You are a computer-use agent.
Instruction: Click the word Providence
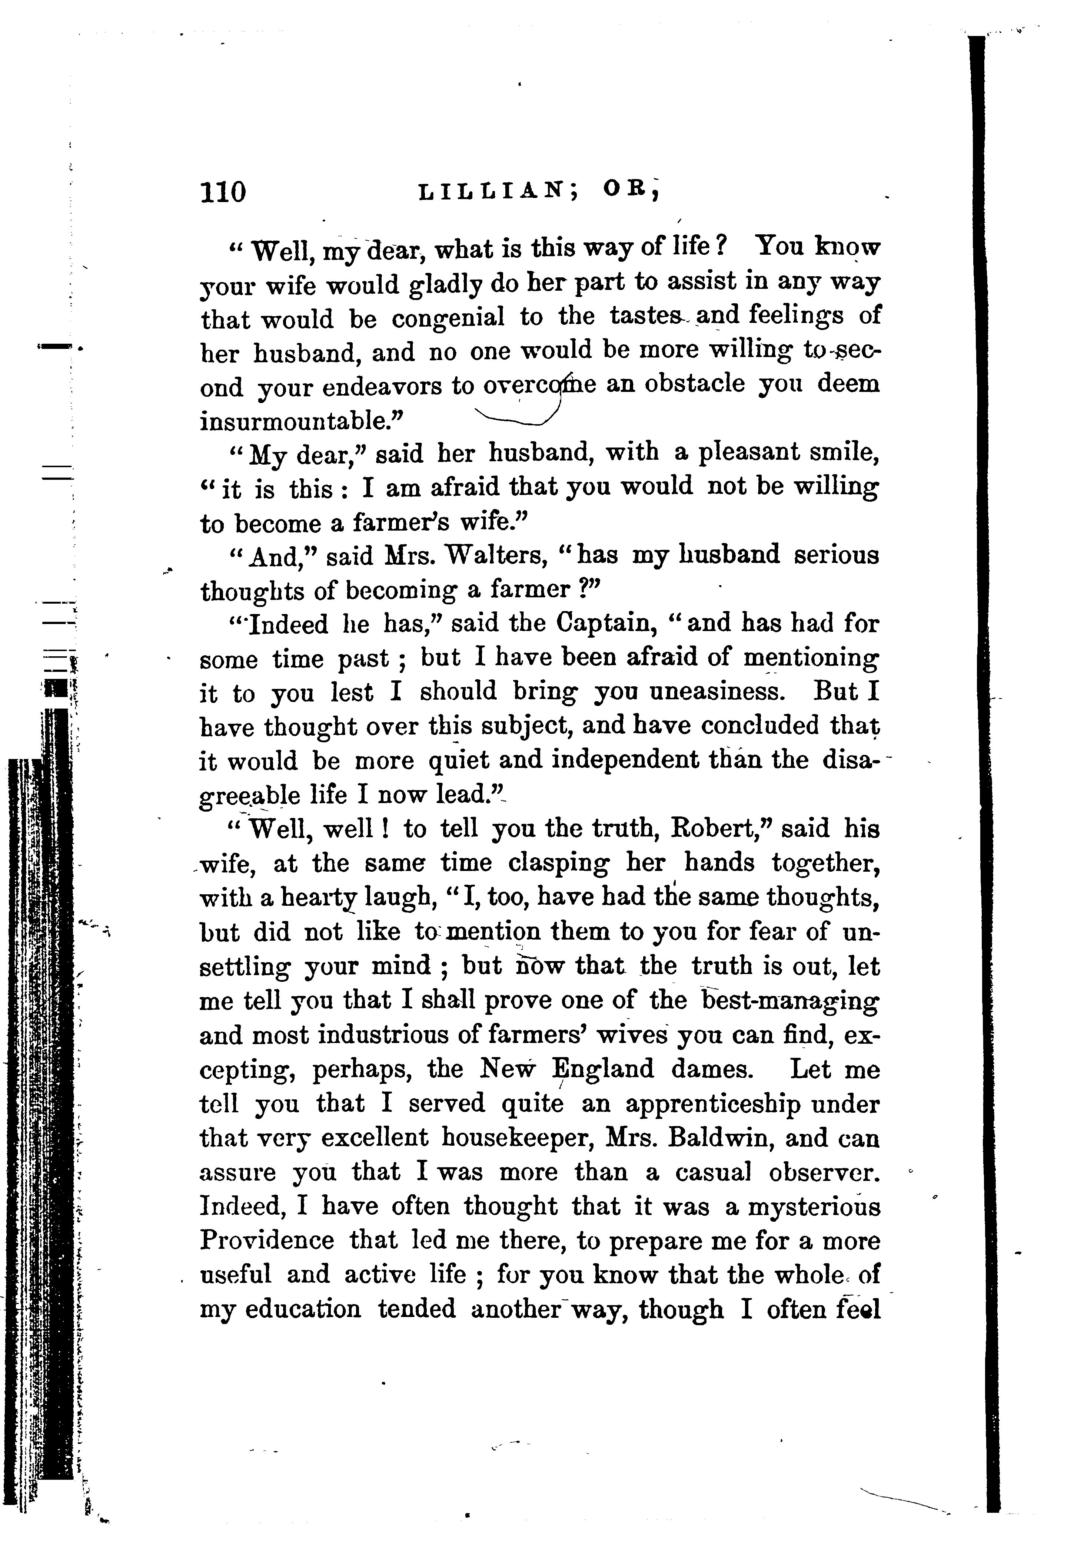(267, 1240)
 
